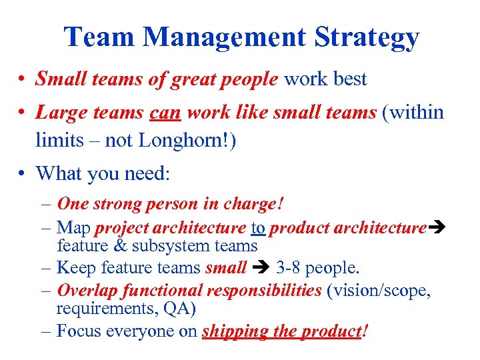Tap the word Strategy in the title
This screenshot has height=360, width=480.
[367, 39]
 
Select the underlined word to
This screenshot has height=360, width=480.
[258, 228]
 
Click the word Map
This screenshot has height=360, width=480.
[74, 229]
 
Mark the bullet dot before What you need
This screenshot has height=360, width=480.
[22, 175]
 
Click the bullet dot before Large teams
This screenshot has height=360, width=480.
[22, 113]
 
